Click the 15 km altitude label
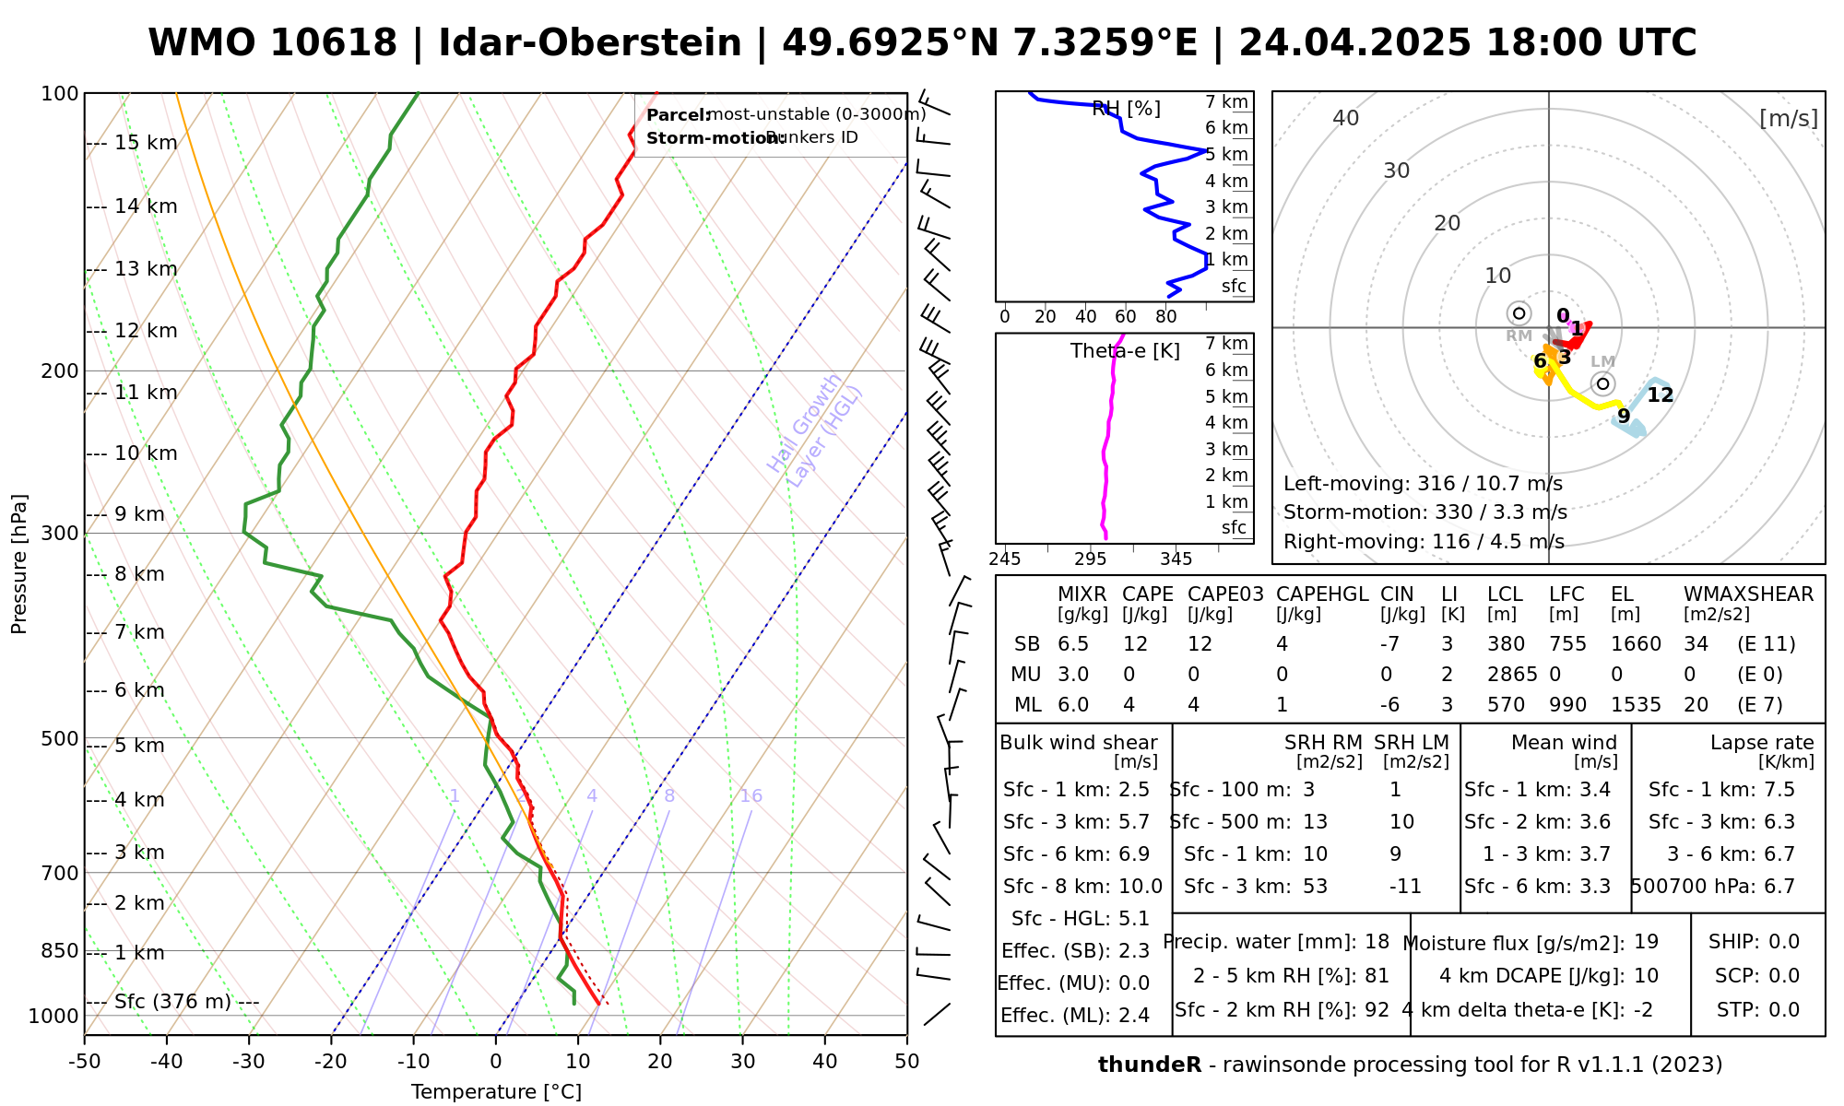pos(146,143)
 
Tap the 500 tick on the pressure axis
pos(60,739)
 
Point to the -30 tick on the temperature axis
pos(249,1062)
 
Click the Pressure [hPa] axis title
pos(19,564)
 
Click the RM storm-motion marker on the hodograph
pos(1519,313)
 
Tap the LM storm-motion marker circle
pos(1602,383)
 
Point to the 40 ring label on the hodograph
pos(1346,118)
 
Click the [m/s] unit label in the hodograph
pos(1788,119)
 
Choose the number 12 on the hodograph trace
pos(1660,395)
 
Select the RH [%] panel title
pos(1126,109)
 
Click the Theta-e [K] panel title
pos(1125,351)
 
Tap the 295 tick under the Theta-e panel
pos(1090,559)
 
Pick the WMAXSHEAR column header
pos(1748,594)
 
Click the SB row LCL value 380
pos(1506,644)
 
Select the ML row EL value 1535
pos(1636,705)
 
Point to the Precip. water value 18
pos(1377,942)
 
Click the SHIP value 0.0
pos(1784,942)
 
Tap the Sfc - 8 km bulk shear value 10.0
pos(1141,887)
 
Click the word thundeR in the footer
pos(1150,1065)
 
